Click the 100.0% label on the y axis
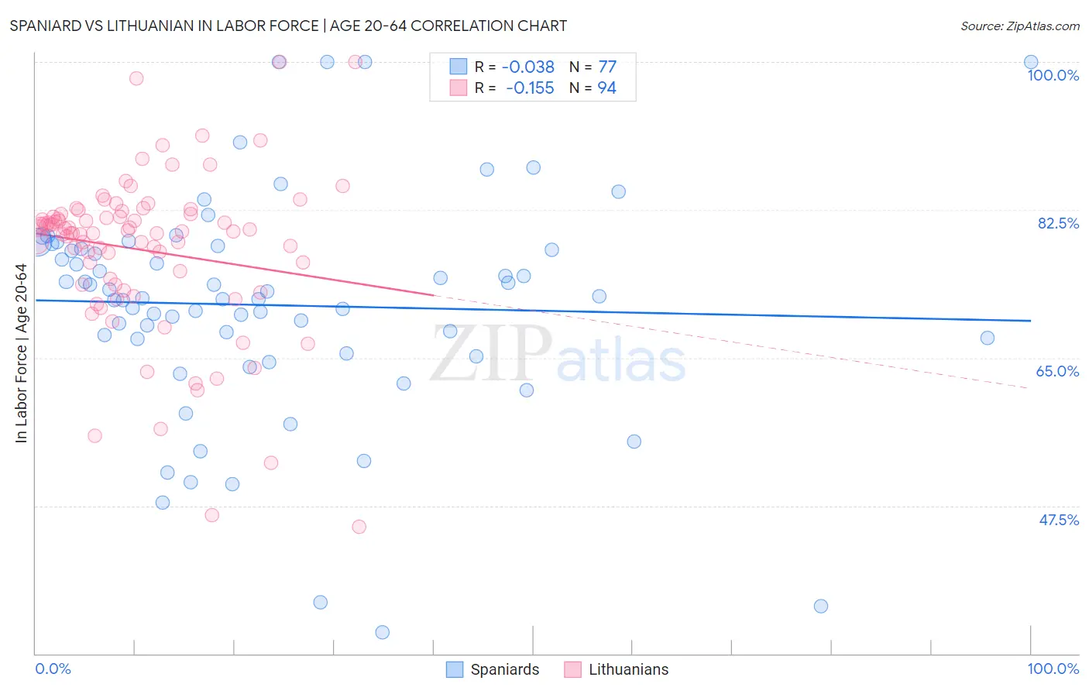1053,75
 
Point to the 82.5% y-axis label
1058,223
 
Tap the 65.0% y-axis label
1057,371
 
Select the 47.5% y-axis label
1058,520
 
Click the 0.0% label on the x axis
53,669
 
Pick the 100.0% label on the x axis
1053,669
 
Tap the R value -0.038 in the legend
528,67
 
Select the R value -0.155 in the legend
530,88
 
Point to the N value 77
607,67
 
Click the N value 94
607,88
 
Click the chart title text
288,26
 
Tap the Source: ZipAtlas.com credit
1019,26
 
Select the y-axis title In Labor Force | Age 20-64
21,353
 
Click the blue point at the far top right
1030,62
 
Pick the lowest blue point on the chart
382,632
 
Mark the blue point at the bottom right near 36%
821,606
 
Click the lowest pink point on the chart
359,527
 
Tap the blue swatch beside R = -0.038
458,67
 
